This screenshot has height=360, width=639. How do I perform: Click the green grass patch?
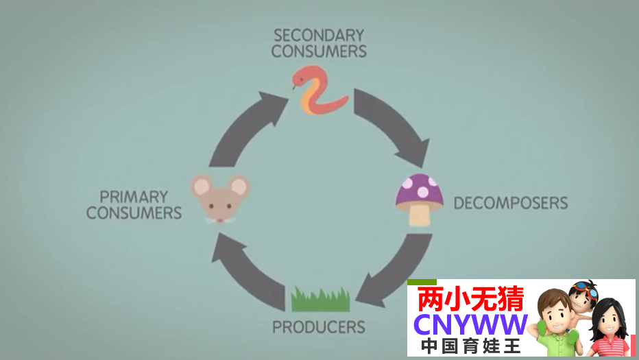pyautogui.click(x=320, y=300)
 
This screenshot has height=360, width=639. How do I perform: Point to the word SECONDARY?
pyautogui.click(x=319, y=35)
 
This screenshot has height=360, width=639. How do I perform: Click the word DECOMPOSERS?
pyautogui.click(x=511, y=203)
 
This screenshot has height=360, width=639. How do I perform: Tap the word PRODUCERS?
pyautogui.click(x=319, y=326)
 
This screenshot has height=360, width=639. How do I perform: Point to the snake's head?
pyautogui.click(x=300, y=77)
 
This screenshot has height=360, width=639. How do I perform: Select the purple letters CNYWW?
pyautogui.click(x=471, y=324)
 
